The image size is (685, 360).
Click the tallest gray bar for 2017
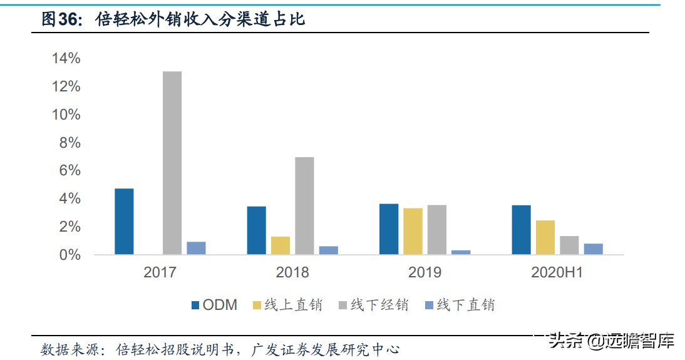point(172,163)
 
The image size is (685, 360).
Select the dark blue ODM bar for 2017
point(124,222)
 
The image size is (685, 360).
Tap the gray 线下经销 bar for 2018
point(304,205)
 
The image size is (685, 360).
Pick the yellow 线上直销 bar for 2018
point(281,245)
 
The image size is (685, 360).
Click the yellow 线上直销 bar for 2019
point(413,231)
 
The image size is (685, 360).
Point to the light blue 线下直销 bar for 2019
point(461,252)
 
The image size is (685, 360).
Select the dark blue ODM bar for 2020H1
point(521,230)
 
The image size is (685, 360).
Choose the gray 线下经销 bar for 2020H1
point(569,245)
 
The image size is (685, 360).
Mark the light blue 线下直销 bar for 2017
point(196,248)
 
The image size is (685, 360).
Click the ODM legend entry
point(214,305)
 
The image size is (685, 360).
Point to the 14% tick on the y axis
point(66,58)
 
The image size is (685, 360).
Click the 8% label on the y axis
point(70,143)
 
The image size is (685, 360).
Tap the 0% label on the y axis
point(70,255)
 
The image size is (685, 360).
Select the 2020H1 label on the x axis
point(557,272)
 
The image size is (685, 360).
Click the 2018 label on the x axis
point(292,272)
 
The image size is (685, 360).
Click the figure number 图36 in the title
point(61,19)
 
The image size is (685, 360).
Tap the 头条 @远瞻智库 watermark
point(611,341)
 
